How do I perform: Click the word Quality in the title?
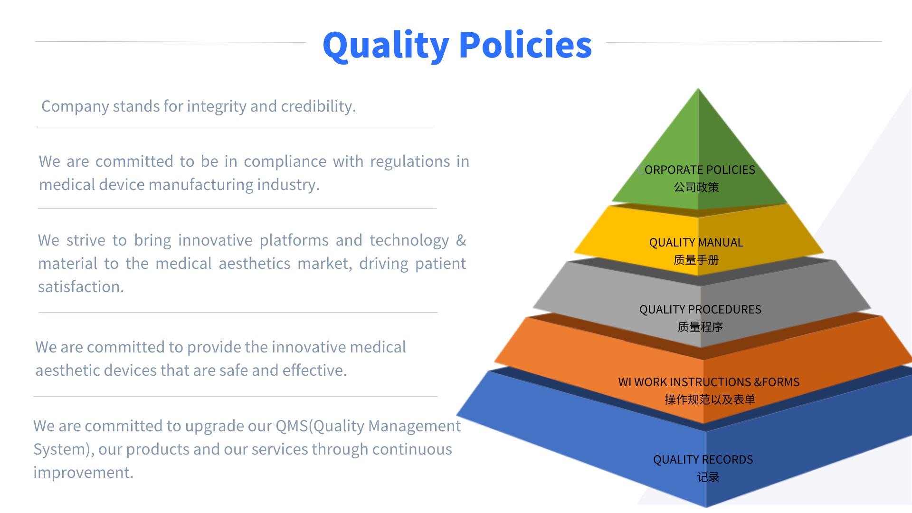coord(386,46)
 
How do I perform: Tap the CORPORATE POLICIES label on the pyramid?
coord(697,170)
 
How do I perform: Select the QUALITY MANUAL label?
coord(696,242)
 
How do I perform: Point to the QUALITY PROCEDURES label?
coord(700,309)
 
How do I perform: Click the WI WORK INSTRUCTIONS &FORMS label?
coord(709,382)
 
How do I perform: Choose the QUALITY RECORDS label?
coord(703,459)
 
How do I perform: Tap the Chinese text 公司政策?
coord(696,187)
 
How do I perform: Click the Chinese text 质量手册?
coord(696,260)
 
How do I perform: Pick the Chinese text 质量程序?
coord(700,327)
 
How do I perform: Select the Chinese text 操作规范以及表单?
coord(710,399)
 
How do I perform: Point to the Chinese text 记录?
coord(708,477)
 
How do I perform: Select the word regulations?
coord(410,162)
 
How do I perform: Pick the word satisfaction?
coord(81,287)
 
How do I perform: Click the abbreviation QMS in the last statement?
coord(292,426)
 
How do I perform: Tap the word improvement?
coord(84,473)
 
